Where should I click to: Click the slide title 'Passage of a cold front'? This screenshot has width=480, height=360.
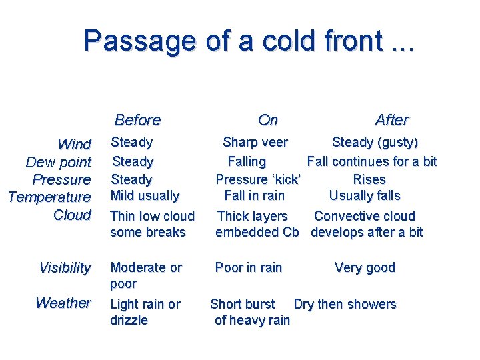tap(248, 41)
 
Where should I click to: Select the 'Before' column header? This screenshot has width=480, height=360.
tap(137, 120)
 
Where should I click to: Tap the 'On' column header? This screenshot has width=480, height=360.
tap(267, 120)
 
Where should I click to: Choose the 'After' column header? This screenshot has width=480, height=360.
tap(391, 120)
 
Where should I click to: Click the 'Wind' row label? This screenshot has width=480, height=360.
tap(74, 145)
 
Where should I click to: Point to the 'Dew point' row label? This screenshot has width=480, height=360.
tap(58, 162)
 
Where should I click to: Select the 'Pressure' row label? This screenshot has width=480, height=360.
tap(61, 179)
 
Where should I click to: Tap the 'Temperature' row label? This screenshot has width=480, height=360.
tap(49, 197)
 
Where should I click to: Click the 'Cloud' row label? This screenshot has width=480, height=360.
tap(71, 215)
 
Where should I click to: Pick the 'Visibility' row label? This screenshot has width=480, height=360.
tap(65, 268)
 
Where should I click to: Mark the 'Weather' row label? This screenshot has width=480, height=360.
tap(63, 303)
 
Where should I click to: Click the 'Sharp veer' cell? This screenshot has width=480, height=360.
tap(255, 142)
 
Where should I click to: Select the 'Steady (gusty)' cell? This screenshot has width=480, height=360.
tap(375, 142)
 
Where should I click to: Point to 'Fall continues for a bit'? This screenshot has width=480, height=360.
tap(371, 161)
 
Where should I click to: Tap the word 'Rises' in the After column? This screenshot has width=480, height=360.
tap(369, 179)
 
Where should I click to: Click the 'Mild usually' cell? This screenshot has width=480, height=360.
tap(145, 195)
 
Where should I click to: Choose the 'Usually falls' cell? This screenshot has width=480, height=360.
tap(365, 195)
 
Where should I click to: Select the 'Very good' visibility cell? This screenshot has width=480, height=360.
tap(365, 267)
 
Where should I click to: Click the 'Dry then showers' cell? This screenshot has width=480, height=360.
tap(345, 304)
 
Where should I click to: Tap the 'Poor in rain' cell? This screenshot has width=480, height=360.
tap(248, 267)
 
